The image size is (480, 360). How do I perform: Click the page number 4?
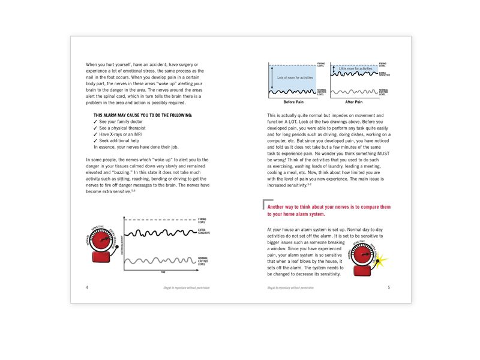point(87,287)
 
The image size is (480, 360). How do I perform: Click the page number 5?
point(389,287)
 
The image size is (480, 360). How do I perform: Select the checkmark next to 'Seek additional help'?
point(96,140)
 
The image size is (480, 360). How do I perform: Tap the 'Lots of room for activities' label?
point(295,77)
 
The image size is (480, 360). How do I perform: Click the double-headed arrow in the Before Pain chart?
point(272,77)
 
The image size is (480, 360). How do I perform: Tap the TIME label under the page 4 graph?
point(162,272)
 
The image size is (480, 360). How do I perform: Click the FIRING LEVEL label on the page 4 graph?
point(202,221)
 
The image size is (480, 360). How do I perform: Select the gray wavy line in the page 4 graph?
point(159,260)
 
